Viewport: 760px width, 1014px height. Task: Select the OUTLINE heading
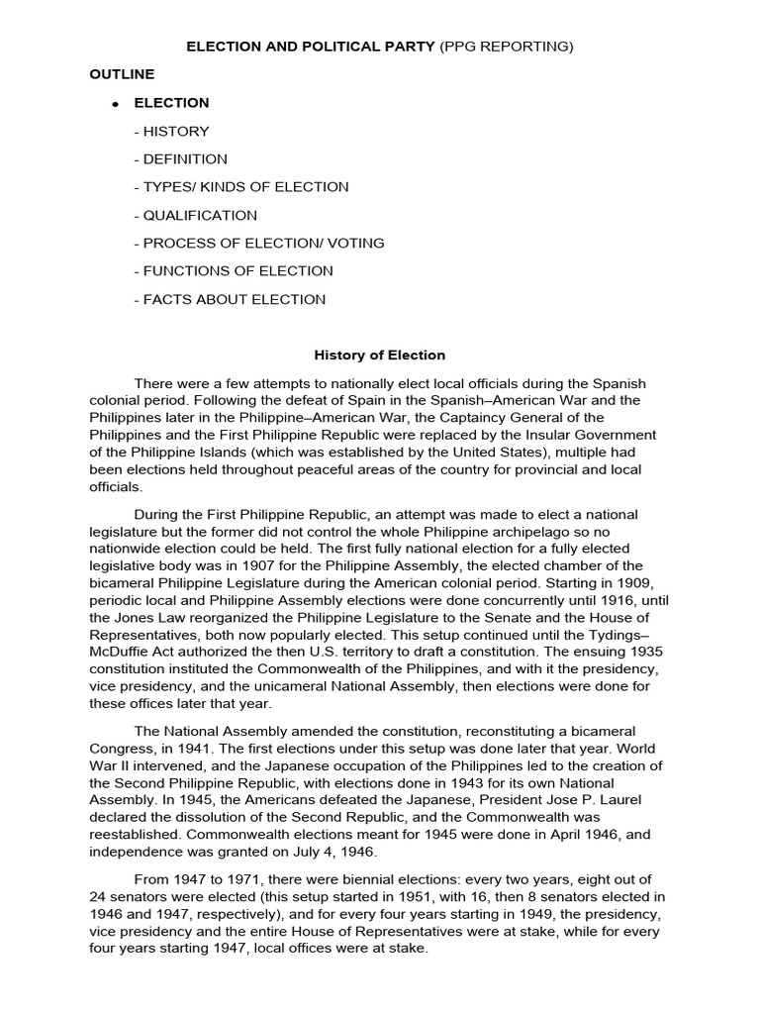click(122, 74)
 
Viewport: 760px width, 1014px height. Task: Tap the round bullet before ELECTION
click(116, 104)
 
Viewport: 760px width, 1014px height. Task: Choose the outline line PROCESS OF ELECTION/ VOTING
click(258, 243)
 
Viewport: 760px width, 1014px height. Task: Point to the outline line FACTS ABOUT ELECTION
click(229, 299)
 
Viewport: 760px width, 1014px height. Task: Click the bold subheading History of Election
click(380, 355)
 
